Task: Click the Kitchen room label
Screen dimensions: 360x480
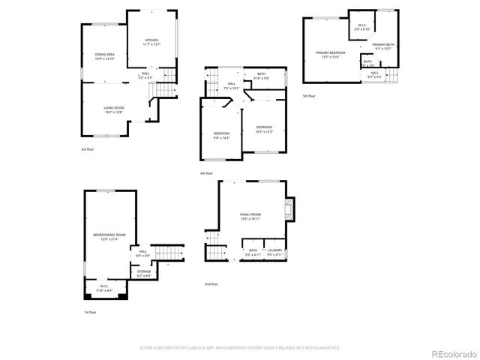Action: point(151,41)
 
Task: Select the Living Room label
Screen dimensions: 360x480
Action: point(113,109)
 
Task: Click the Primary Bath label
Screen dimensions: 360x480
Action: point(383,46)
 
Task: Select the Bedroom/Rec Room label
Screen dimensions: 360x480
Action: point(109,237)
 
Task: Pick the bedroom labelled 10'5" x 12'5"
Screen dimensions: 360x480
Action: point(264,129)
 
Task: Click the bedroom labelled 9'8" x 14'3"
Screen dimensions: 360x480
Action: point(221,135)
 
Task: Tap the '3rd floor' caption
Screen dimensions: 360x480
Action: point(88,149)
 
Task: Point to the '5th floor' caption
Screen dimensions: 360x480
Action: point(310,96)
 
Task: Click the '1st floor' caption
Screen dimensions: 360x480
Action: point(90,312)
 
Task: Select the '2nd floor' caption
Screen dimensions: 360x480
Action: point(211,284)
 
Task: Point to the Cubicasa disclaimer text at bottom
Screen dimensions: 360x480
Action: point(240,347)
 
